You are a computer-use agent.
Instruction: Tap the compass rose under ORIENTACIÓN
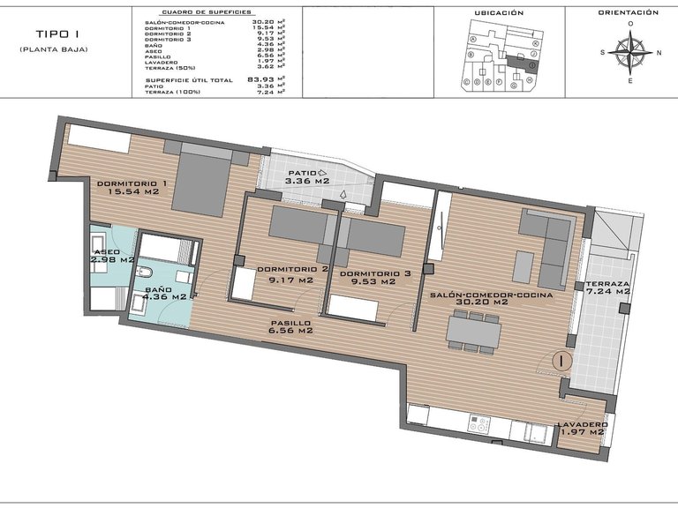[x=629, y=51]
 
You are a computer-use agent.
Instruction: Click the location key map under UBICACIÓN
[x=499, y=56]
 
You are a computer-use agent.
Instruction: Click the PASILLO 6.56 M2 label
[x=290, y=329]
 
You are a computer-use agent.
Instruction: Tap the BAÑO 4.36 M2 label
[x=165, y=294]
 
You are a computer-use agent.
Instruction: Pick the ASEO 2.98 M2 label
[x=112, y=258]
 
